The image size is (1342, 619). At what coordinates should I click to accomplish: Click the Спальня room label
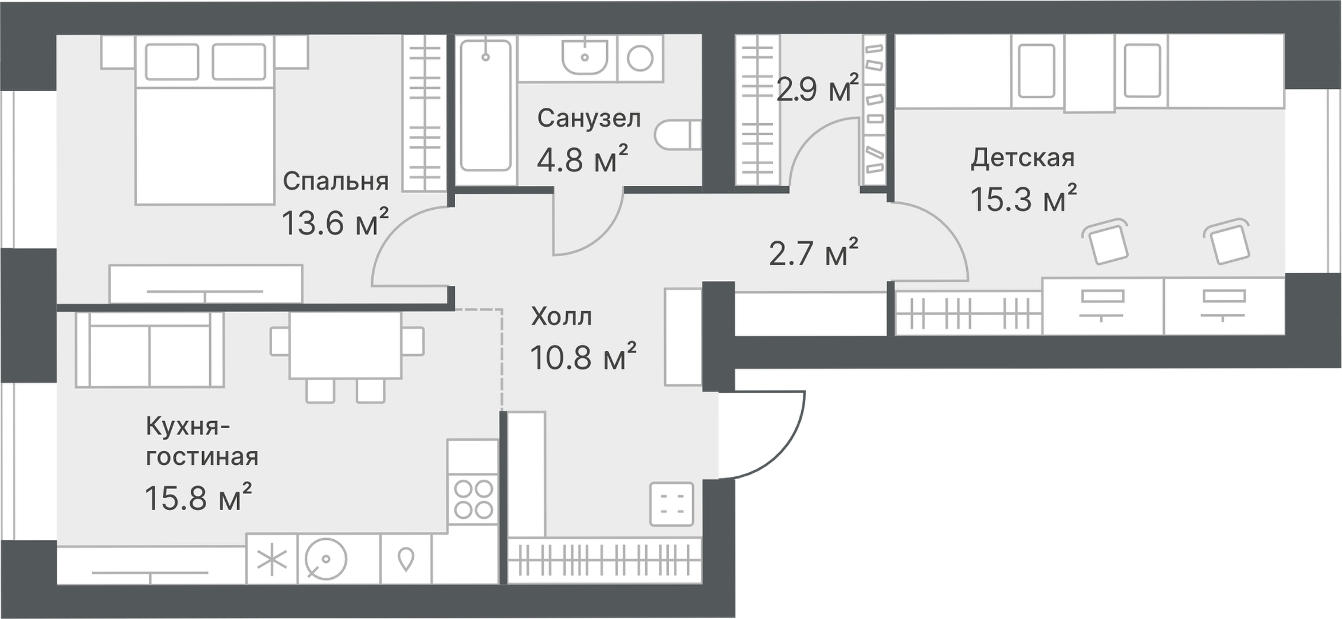pyautogui.click(x=336, y=181)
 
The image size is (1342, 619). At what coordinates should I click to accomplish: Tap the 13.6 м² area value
pyautogui.click(x=335, y=222)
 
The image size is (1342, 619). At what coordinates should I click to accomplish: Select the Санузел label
pyautogui.click(x=588, y=118)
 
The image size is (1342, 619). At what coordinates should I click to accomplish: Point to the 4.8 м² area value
pyautogui.click(x=582, y=159)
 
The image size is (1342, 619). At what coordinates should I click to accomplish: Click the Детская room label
pyautogui.click(x=1023, y=158)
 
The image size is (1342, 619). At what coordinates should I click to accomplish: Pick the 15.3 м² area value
pyautogui.click(x=1023, y=199)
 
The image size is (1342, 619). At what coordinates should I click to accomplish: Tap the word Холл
pyautogui.click(x=561, y=316)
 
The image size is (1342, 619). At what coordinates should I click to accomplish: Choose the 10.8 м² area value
pyautogui.click(x=583, y=357)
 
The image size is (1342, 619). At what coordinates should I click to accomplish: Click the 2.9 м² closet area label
pyautogui.click(x=818, y=89)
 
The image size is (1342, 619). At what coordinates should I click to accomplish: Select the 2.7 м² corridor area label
pyautogui.click(x=814, y=253)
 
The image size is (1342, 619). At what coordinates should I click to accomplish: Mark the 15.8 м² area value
pyautogui.click(x=198, y=497)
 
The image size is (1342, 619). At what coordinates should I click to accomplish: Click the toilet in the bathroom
pyautogui.click(x=678, y=135)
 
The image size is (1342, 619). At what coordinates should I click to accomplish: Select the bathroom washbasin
pyautogui.click(x=584, y=56)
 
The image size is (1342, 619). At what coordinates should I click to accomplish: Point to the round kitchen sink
pyautogui.click(x=326, y=559)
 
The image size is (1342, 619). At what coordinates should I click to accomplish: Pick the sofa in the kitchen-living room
pyautogui.click(x=150, y=350)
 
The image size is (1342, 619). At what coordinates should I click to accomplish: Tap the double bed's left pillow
pyautogui.click(x=172, y=61)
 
